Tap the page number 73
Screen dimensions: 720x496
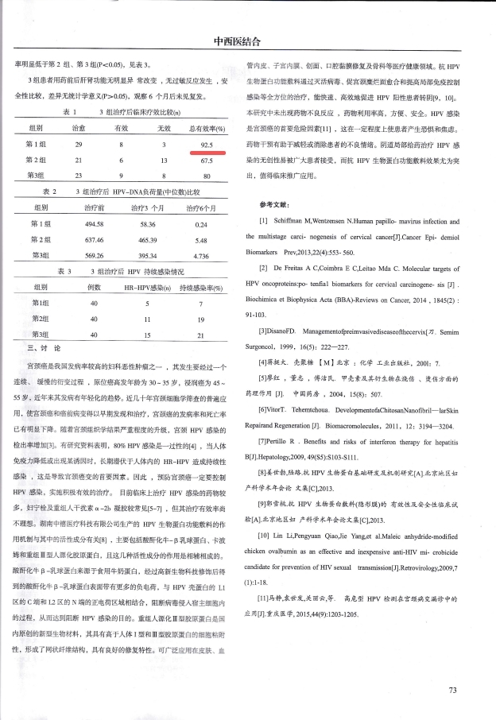[x=453, y=691]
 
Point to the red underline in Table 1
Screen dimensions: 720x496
[x=208, y=151]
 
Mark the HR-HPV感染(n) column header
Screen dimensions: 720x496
[x=148, y=287]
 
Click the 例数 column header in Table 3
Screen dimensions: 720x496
[x=94, y=287]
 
